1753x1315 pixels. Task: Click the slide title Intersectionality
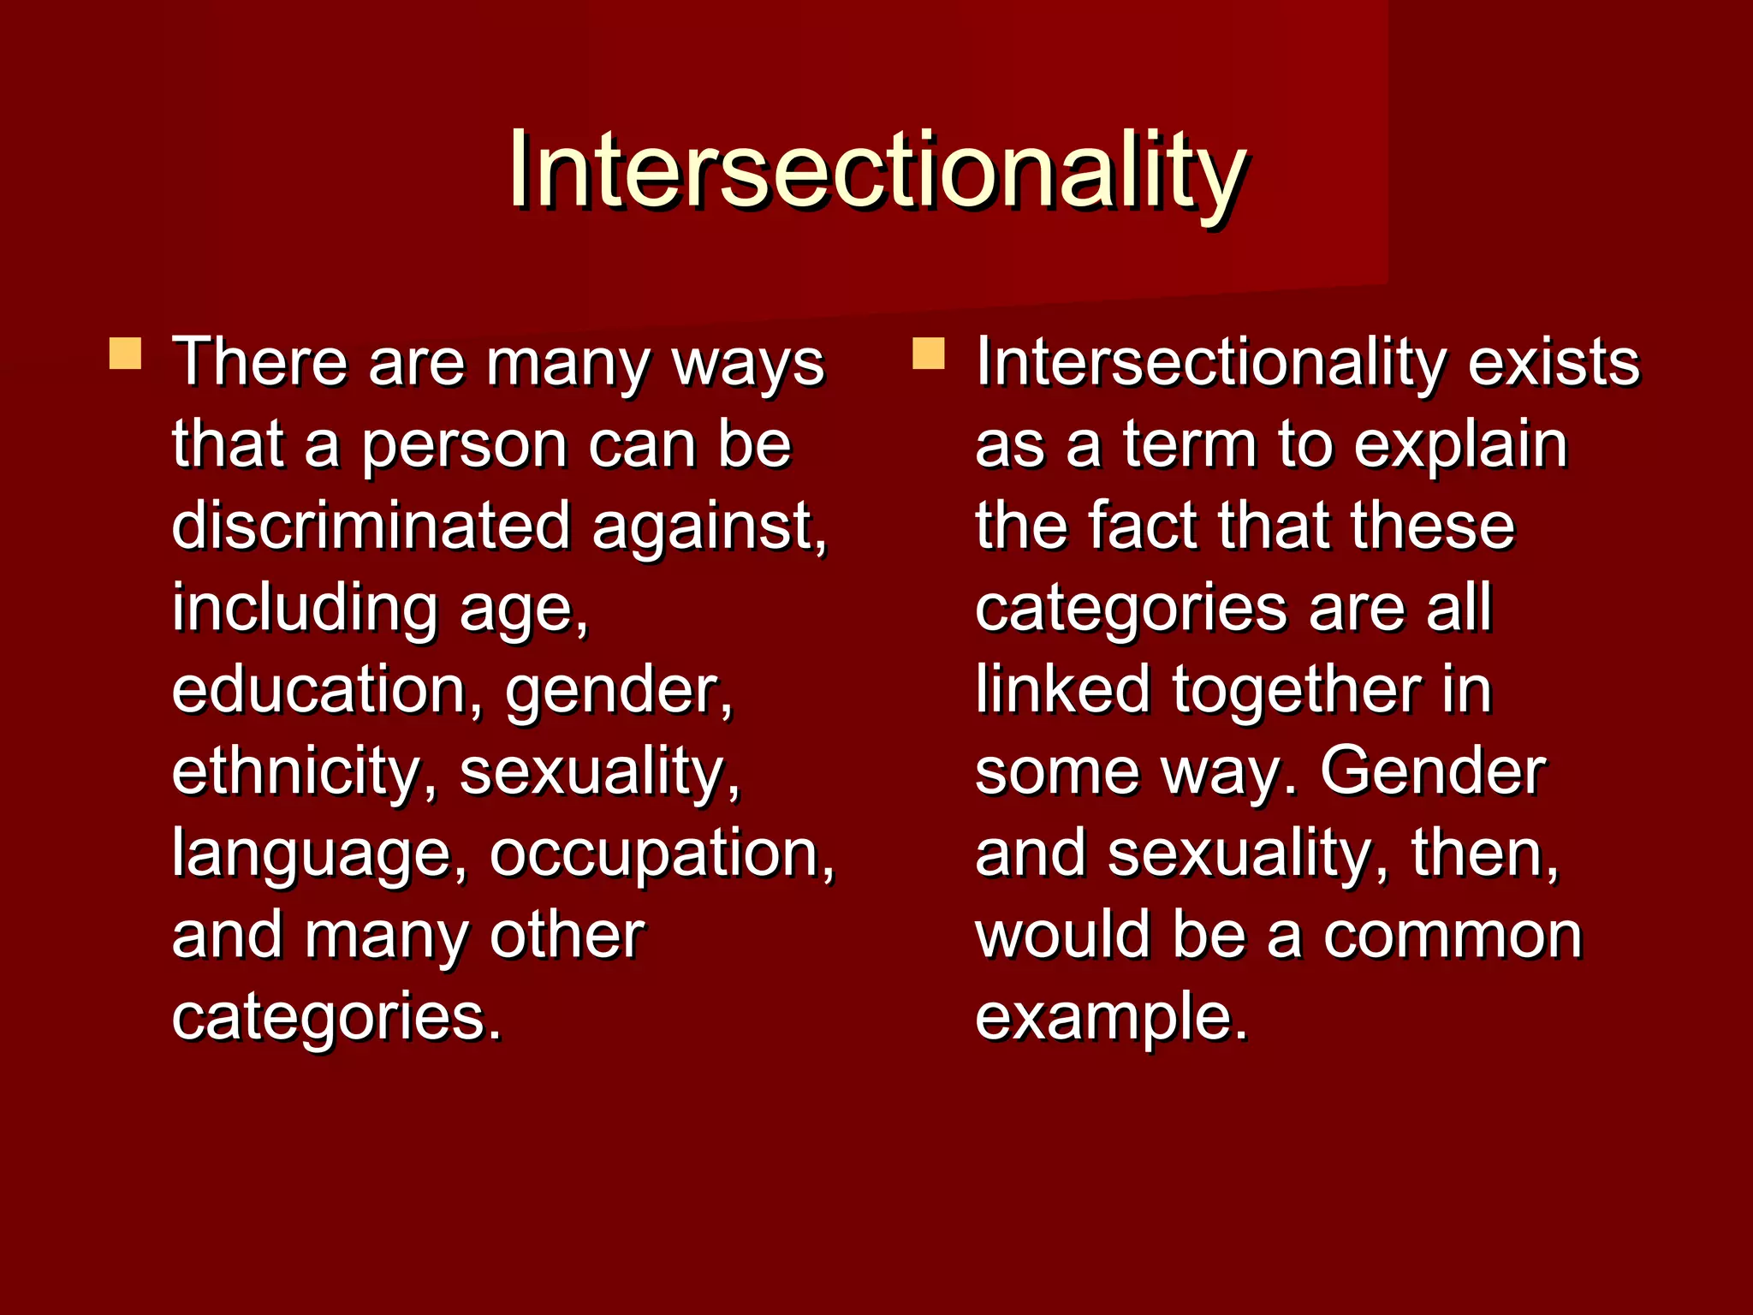876,171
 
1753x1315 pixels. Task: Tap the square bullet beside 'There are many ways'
125,354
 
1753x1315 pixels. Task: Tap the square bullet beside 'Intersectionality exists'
928,354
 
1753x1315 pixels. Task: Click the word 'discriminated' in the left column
371,526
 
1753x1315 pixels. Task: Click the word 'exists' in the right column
1554,363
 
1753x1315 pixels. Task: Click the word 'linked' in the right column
1062,690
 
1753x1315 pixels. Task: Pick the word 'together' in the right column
1296,692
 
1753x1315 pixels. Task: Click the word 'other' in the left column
567,936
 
